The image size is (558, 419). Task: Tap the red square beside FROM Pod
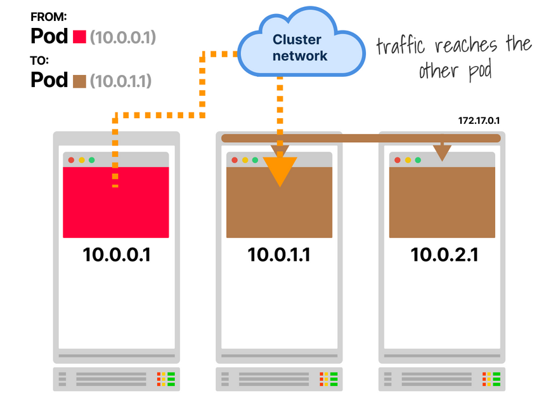point(79,37)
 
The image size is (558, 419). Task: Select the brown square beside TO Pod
point(79,81)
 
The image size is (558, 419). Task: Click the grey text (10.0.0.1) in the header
point(122,37)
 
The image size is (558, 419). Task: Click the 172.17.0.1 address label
point(479,120)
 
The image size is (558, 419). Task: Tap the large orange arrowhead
point(280,170)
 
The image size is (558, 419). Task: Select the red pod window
point(116,201)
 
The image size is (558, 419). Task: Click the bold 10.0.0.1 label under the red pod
point(117,255)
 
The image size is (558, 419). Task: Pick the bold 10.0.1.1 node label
point(279,255)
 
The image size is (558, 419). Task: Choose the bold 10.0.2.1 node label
point(444,255)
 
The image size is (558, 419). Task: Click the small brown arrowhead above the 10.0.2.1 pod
point(442,152)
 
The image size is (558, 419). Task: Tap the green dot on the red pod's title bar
point(92,160)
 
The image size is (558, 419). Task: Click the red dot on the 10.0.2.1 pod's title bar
point(398,160)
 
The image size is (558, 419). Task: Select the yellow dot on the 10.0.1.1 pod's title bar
point(245,160)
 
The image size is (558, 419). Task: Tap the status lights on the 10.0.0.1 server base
point(166,379)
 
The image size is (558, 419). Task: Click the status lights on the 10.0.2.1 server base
point(491,379)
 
